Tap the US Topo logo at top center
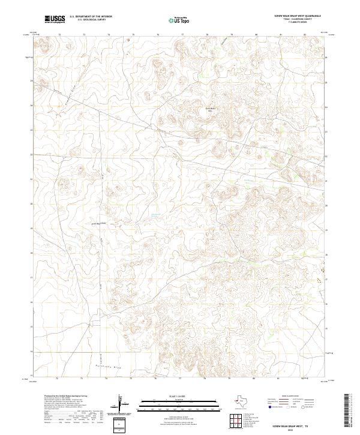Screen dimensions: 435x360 176,20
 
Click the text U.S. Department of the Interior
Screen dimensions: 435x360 91,17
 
